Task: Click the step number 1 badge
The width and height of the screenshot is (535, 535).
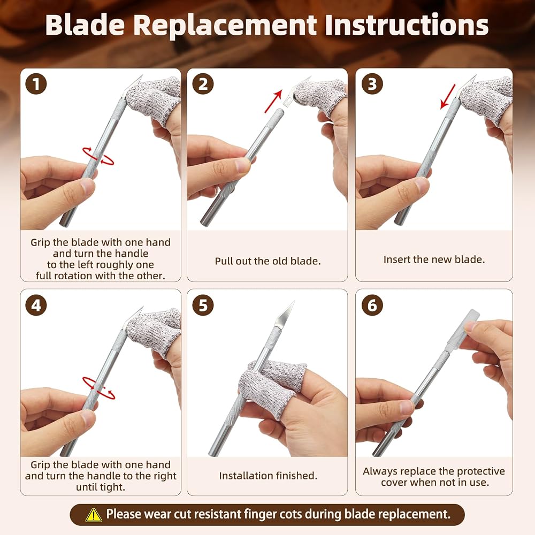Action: point(36,84)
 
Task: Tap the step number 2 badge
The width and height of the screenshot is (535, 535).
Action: point(203,84)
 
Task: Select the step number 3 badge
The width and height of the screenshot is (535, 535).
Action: point(372,84)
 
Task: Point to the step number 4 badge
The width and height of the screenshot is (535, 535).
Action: point(36,305)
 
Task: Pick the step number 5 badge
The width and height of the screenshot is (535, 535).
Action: point(203,305)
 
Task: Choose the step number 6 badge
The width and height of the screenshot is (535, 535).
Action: point(372,305)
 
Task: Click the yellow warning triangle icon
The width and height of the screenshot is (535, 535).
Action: point(94,515)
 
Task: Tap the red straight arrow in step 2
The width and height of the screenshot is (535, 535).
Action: point(273,101)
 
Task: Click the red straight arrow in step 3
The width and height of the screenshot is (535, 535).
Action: point(448,96)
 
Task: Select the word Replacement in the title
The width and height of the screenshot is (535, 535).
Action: point(225,25)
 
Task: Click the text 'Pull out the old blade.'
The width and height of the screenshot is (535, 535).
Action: point(267,261)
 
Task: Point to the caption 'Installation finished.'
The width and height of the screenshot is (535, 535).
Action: point(268,476)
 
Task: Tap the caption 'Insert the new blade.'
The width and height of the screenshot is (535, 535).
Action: point(434,259)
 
